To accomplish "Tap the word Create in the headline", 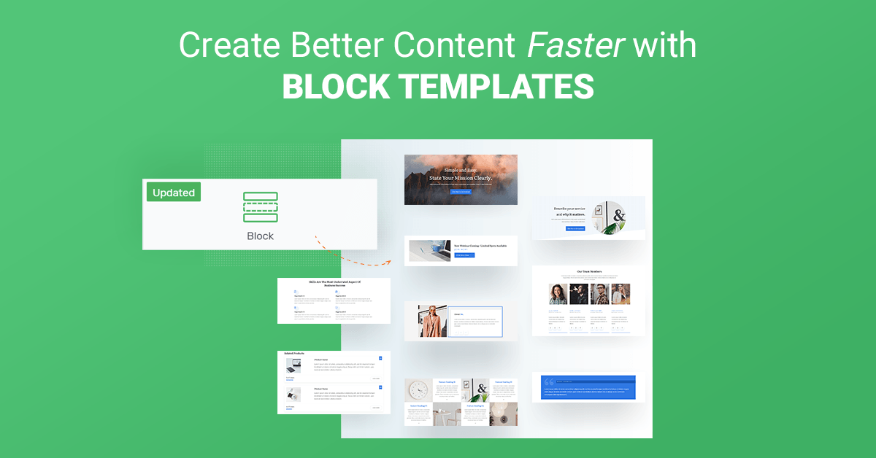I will click(x=224, y=45).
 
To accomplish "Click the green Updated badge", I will click(x=174, y=193).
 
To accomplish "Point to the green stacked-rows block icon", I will click(x=260, y=207).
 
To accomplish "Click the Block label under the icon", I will click(x=260, y=236).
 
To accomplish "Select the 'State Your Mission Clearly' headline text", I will click(x=461, y=178).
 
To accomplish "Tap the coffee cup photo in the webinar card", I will click(x=430, y=251).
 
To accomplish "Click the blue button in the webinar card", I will click(x=464, y=255).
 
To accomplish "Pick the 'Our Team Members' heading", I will click(x=588, y=271).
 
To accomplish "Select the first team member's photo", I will click(x=558, y=294).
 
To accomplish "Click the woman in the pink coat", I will click(x=433, y=322).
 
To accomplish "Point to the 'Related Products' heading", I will click(x=295, y=354).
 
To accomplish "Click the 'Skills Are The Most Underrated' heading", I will click(x=334, y=283).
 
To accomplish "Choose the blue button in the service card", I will click(x=575, y=228).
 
